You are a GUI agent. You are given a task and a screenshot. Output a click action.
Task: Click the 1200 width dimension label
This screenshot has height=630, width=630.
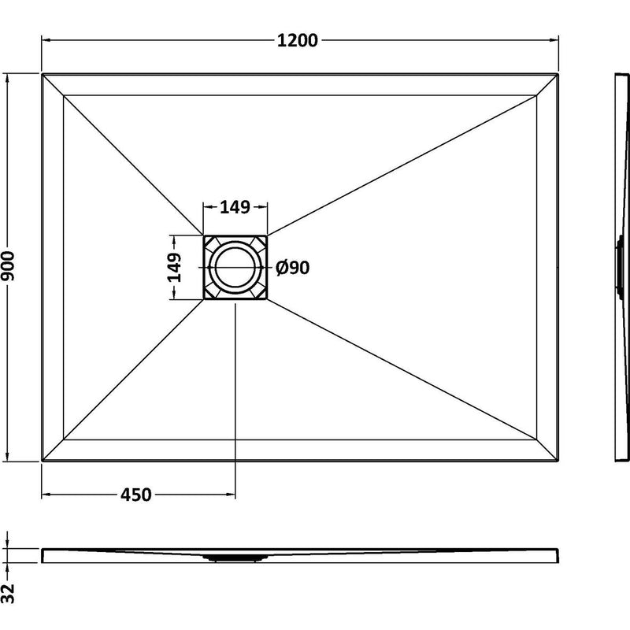pos(298,40)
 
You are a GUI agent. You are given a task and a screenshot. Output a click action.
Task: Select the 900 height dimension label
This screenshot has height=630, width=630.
pos(9,266)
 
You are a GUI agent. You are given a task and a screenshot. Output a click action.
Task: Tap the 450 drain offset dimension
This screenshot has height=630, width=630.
pos(135,495)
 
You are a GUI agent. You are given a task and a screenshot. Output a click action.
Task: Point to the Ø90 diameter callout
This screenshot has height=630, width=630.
pos(292,268)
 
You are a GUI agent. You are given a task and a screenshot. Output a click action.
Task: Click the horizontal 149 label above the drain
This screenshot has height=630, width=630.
pos(235,207)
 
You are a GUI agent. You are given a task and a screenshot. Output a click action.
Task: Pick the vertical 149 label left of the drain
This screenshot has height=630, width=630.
pos(174,268)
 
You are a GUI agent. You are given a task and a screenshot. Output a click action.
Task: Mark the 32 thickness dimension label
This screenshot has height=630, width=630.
pos(8,594)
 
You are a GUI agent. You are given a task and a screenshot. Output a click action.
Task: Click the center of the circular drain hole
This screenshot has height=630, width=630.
pos(235,267)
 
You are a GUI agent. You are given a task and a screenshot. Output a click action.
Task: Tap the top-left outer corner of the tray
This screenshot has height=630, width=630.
pos(42,73)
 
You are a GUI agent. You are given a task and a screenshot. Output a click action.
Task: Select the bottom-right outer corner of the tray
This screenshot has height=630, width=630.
pos(558,461)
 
